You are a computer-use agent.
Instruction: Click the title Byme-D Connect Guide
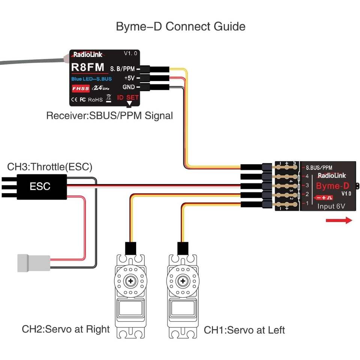180,27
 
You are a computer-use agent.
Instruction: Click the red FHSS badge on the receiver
80,89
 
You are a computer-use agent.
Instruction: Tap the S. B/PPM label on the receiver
122,69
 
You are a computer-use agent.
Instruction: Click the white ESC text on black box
40,186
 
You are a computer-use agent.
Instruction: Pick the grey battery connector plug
34,263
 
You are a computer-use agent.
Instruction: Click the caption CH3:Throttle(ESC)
49,167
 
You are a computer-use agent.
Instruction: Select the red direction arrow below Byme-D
339,220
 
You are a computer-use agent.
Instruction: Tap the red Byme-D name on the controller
332,186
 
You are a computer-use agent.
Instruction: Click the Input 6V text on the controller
331,206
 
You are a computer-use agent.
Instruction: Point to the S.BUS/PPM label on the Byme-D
319,168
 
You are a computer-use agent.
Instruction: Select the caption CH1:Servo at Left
244,330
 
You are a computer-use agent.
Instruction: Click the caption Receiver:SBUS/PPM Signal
109,115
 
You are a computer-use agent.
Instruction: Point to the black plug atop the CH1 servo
182,248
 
